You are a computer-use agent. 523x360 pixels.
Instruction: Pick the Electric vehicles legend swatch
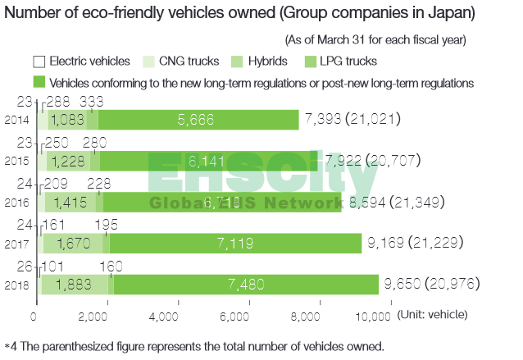tap(39, 62)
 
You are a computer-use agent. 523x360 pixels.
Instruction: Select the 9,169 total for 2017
tap(384, 242)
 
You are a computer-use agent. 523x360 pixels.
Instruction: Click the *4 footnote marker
tap(10, 346)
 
